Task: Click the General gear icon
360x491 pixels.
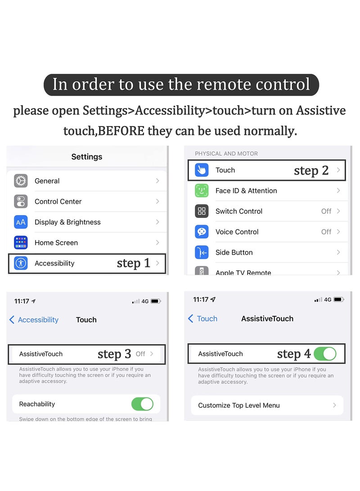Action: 21,181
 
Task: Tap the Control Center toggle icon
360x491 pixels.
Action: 21,201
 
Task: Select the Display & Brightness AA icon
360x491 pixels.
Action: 21,222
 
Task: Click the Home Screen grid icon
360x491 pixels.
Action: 21,243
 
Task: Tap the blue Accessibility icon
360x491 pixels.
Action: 21,263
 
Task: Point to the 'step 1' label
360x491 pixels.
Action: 133,263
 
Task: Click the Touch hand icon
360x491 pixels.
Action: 202,170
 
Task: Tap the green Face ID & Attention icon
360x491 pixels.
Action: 202,191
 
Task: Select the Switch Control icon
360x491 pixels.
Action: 202,211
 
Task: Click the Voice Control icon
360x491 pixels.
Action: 202,232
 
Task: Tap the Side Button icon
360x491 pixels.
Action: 202,252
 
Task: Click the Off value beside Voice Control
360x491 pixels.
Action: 326,232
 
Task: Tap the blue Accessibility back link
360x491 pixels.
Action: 34,320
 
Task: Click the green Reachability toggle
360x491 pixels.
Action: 142,404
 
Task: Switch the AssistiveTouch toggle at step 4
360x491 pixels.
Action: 325,354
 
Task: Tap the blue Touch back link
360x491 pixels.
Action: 203,319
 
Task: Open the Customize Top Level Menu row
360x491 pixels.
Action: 267,405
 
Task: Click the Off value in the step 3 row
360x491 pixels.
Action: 140,354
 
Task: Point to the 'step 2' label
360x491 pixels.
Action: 311,170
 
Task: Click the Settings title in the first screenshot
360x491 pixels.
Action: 87,157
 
